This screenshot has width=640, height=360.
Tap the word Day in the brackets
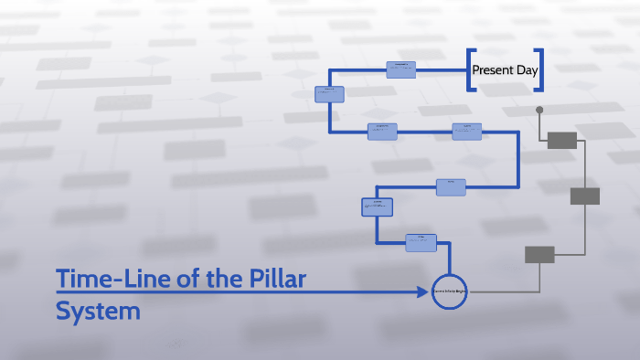pos(527,69)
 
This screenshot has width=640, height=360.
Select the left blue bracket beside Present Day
pos(471,69)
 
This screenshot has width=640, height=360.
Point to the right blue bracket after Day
pos(539,69)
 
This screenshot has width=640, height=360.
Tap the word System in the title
pos(98,311)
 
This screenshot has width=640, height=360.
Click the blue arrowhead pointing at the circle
pos(424,291)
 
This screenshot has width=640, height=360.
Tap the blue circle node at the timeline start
pos(449,291)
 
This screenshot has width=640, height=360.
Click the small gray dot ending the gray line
pos(539,110)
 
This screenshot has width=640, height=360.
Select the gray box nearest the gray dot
pos(562,140)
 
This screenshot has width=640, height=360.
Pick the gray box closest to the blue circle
pos(539,255)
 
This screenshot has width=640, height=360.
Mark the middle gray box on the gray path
pos(585,196)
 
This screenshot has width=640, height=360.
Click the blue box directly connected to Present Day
pos(400,69)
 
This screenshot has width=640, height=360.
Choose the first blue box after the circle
pos(421,242)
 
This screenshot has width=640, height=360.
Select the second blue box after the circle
pos(377,207)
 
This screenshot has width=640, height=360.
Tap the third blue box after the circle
pos(451,187)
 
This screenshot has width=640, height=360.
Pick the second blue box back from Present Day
pos(329,93)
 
